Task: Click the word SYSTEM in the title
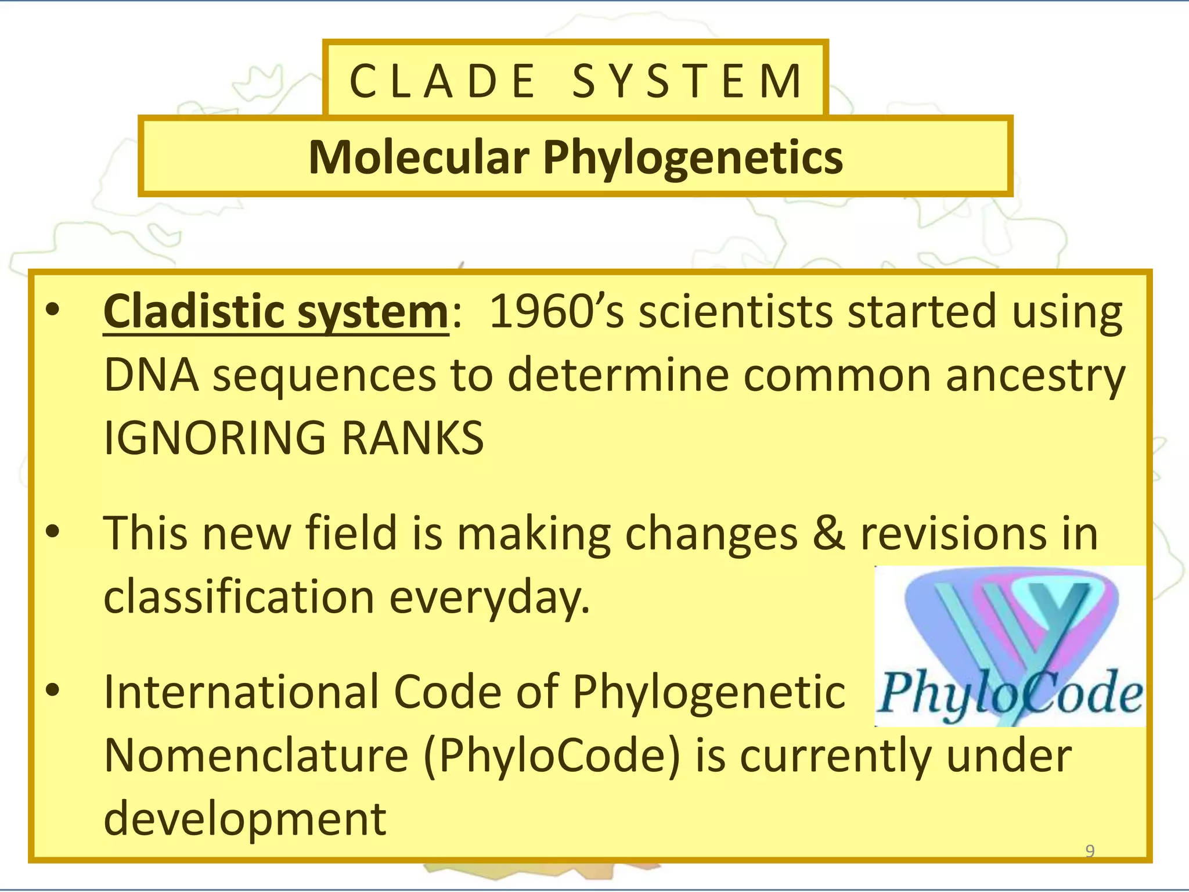coord(687,81)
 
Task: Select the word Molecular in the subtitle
coord(419,157)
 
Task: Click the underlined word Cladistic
coord(195,312)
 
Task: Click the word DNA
coord(151,375)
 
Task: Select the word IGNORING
coord(215,438)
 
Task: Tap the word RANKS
coord(412,438)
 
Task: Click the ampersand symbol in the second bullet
coord(828,533)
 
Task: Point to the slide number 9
coord(1090,851)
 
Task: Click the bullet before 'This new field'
coord(53,531)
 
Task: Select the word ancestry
coord(1035,375)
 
